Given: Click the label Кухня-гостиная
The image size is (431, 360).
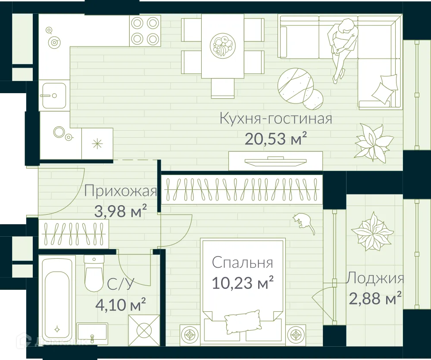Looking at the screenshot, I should [276, 119].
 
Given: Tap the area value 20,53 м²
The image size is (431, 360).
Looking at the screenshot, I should [276, 139].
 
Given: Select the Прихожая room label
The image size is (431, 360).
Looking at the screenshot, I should [120, 191].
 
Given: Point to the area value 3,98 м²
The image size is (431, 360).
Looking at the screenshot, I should [120, 211].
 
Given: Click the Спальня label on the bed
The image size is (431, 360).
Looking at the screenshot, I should [243, 263].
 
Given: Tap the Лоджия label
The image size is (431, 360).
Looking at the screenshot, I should [375, 278].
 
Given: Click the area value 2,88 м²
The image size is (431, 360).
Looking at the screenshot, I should [375, 298].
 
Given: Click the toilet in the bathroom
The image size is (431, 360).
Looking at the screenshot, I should [94, 274].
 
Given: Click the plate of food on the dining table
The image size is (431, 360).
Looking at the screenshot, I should [223, 45].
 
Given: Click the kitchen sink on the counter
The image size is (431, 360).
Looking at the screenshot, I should [54, 96].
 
